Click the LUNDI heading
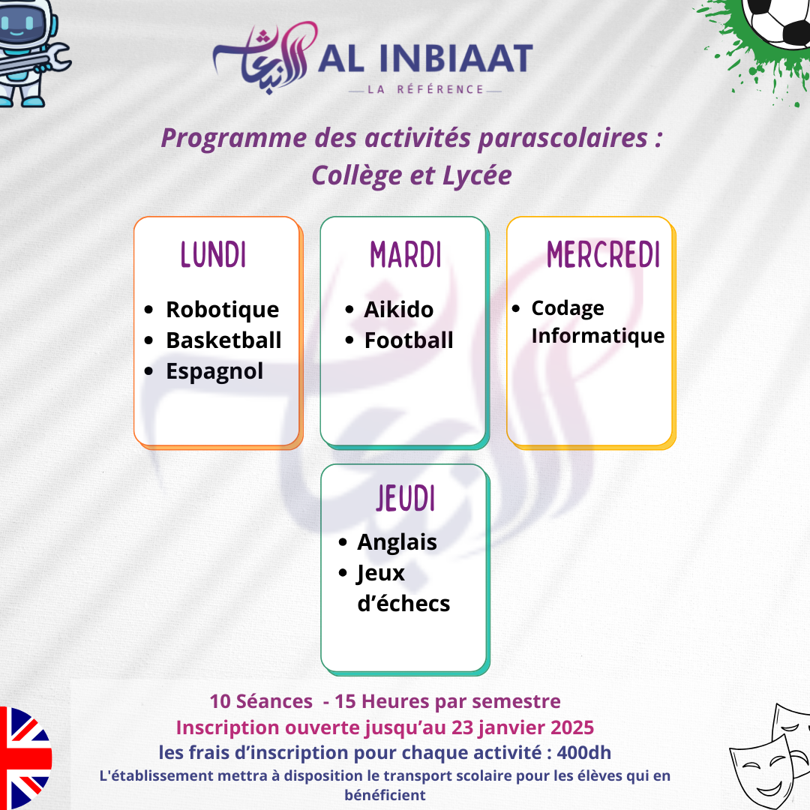[213, 255]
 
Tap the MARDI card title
[406, 255]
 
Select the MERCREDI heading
[603, 255]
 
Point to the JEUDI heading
[406, 499]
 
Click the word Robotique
[223, 310]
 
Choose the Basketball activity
[223, 340]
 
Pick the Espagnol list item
[214, 372]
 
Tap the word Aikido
[399, 310]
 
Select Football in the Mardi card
[409, 340]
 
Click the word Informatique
[598, 336]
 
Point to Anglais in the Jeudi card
[397, 543]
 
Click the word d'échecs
[403, 603]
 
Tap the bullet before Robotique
[148, 310]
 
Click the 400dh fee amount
[584, 753]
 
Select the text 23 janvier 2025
[523, 727]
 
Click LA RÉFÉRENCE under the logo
[425, 90]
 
